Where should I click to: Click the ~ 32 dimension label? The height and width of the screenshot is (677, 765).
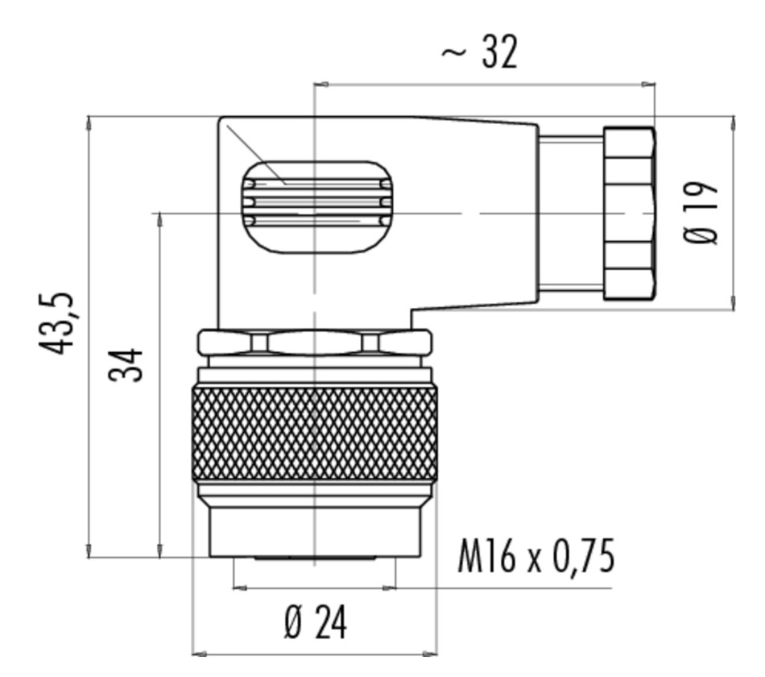[x=479, y=52]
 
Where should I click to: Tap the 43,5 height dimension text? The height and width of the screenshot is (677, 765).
[x=56, y=323]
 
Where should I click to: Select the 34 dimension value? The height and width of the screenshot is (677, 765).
[x=126, y=364]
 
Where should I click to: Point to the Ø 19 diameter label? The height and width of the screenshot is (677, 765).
[x=701, y=213]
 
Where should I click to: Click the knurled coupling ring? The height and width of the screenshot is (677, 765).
[x=315, y=434]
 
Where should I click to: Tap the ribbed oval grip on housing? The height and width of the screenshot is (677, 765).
[x=317, y=207]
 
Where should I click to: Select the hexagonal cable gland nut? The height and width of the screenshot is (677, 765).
[x=630, y=213]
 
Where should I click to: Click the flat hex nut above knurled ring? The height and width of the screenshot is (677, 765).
[x=315, y=342]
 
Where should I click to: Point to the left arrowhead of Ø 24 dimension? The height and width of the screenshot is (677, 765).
[x=199, y=654]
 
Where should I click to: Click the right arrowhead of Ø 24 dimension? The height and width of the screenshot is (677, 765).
[x=430, y=654]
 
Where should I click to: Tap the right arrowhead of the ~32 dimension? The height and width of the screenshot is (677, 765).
[x=648, y=85]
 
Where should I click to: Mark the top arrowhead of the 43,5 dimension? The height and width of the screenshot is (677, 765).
[x=89, y=123]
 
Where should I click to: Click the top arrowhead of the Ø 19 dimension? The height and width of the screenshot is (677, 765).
[x=734, y=123]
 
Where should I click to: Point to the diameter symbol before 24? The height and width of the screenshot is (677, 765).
[x=293, y=623]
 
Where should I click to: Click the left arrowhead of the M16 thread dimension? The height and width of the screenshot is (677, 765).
[x=241, y=588]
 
